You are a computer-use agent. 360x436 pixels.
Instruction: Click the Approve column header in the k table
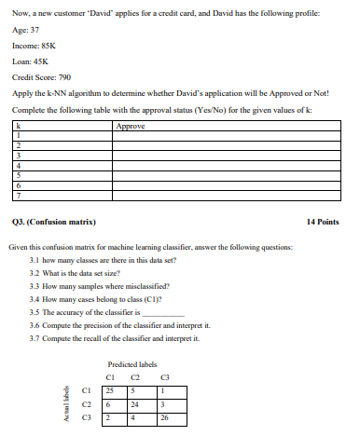[131, 123]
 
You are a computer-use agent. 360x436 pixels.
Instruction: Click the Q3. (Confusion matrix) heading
[55, 223]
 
